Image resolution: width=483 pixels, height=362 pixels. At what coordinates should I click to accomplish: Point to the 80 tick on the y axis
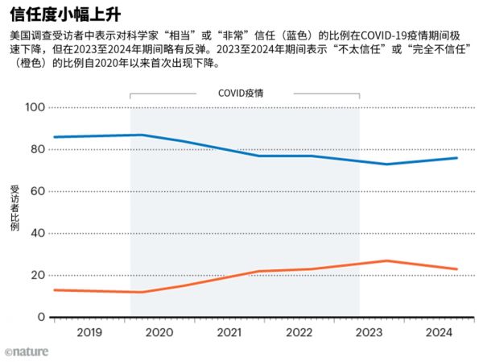pyautogui.click(x=37, y=149)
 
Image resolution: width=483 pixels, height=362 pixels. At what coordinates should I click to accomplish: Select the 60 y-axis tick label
pyautogui.click(x=37, y=191)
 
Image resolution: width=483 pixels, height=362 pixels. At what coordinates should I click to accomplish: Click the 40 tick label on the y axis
pyautogui.click(x=37, y=233)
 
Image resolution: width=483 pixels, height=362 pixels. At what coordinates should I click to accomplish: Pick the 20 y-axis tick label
pyautogui.click(x=37, y=275)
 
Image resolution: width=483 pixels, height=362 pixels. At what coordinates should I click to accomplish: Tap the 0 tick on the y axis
pyautogui.click(x=40, y=317)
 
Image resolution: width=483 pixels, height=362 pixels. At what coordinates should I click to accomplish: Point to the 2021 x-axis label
pyautogui.click(x=229, y=332)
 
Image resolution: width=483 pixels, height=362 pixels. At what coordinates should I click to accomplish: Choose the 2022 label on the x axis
pyautogui.click(x=299, y=332)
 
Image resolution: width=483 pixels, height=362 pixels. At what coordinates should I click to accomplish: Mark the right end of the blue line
pyautogui.click(x=457, y=158)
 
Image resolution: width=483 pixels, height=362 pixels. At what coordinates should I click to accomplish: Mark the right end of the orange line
pyautogui.click(x=457, y=268)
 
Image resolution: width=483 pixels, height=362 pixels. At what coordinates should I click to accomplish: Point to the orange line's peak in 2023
pyautogui.click(x=387, y=260)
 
